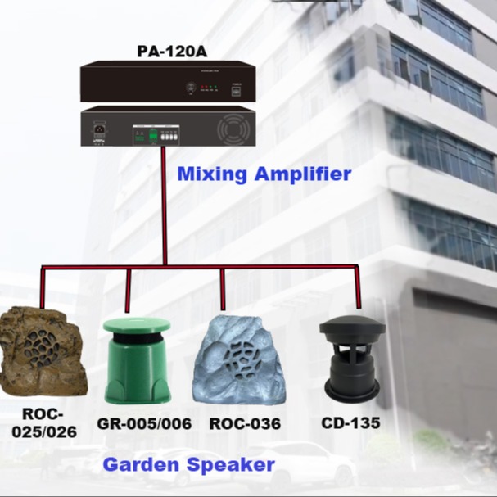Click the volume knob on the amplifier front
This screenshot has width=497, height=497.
click(191, 86)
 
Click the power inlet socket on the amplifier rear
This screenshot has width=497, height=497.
click(99, 129)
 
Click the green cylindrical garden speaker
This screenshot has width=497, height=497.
click(137, 360)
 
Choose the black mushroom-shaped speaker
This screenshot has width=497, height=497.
click(352, 356)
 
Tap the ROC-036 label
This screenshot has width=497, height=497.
click(245, 423)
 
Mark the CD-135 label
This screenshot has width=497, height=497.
click(351, 423)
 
